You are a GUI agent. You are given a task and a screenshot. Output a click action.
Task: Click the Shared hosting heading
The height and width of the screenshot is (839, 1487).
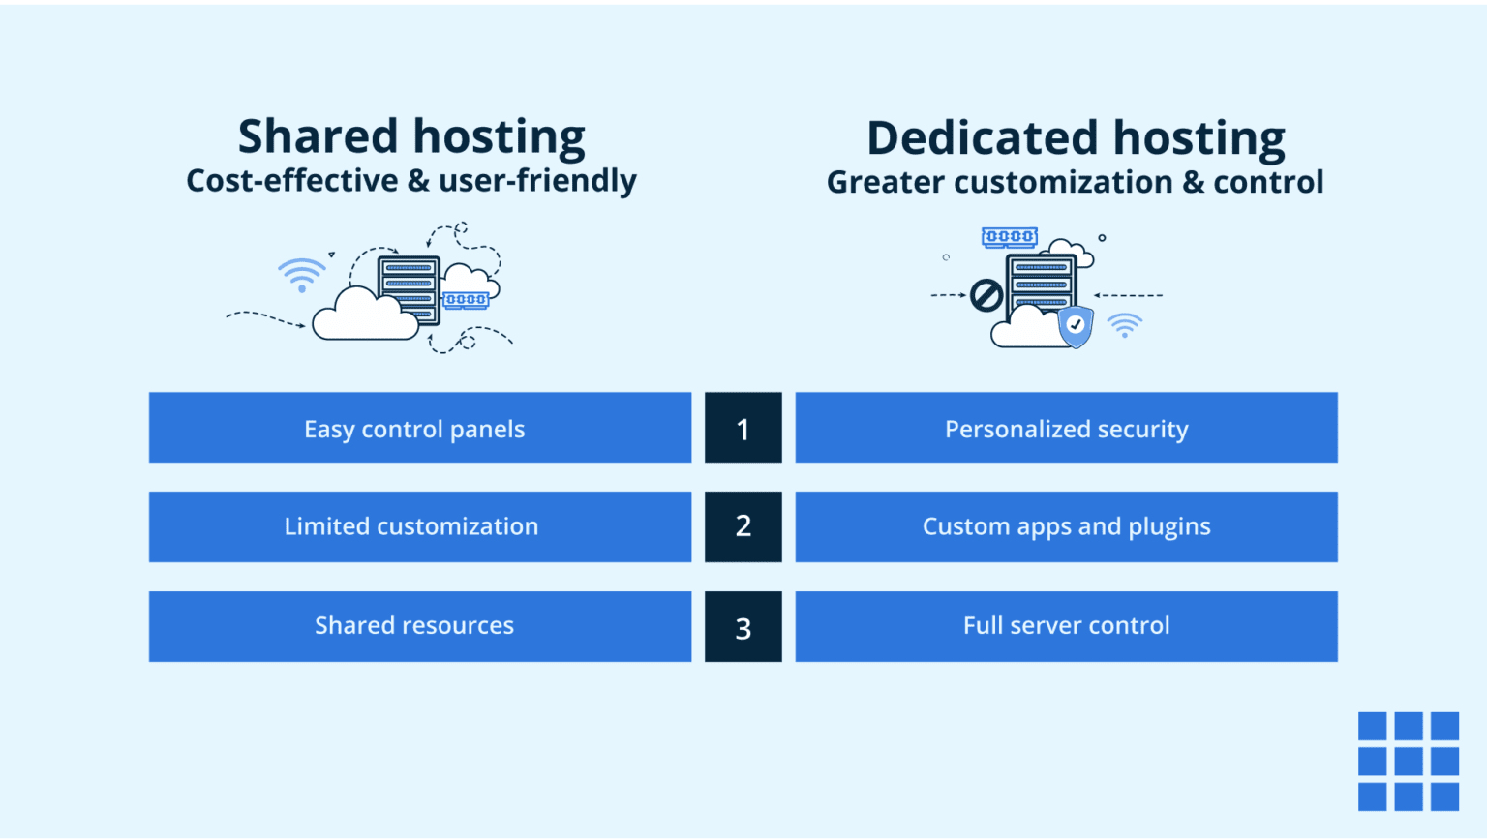point(411,136)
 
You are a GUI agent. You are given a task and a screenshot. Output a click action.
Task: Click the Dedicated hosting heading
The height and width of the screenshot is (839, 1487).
point(1076,138)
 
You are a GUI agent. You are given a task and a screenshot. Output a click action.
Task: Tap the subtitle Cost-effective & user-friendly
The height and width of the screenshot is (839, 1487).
point(411,181)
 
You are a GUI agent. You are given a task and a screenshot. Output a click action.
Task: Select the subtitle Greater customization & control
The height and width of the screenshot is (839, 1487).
point(1075,182)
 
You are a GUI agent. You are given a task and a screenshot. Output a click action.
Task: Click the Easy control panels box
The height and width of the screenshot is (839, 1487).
point(419,428)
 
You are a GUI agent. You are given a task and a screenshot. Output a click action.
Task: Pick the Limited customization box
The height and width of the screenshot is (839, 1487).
point(419,526)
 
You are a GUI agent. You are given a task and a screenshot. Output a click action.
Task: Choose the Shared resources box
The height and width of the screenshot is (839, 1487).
point(419,626)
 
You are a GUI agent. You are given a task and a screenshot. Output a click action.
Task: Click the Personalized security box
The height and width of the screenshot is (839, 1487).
point(1066,428)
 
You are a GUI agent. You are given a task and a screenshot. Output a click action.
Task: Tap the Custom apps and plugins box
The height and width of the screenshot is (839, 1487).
point(1066,526)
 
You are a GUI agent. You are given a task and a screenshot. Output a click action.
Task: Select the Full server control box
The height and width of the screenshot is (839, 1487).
point(1066,626)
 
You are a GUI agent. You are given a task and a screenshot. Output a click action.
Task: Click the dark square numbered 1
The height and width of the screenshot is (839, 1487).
point(743,428)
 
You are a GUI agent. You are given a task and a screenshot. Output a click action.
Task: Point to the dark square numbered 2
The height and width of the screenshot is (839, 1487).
point(743,526)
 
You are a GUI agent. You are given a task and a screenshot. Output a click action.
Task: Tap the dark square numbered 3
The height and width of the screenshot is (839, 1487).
point(743,627)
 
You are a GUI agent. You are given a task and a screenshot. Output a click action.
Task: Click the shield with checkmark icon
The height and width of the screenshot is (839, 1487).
point(1076,326)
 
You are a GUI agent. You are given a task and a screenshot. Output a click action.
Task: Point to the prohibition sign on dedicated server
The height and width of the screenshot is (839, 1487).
point(986,295)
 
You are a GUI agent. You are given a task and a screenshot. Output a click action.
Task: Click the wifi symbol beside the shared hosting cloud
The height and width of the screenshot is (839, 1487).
point(302,274)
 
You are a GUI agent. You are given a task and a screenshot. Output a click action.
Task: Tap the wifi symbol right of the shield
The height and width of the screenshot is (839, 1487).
point(1124,325)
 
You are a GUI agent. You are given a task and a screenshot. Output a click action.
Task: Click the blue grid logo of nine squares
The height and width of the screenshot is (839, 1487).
point(1408,761)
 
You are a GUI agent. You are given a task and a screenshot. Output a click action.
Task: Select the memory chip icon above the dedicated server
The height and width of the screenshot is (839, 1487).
point(1010,237)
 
